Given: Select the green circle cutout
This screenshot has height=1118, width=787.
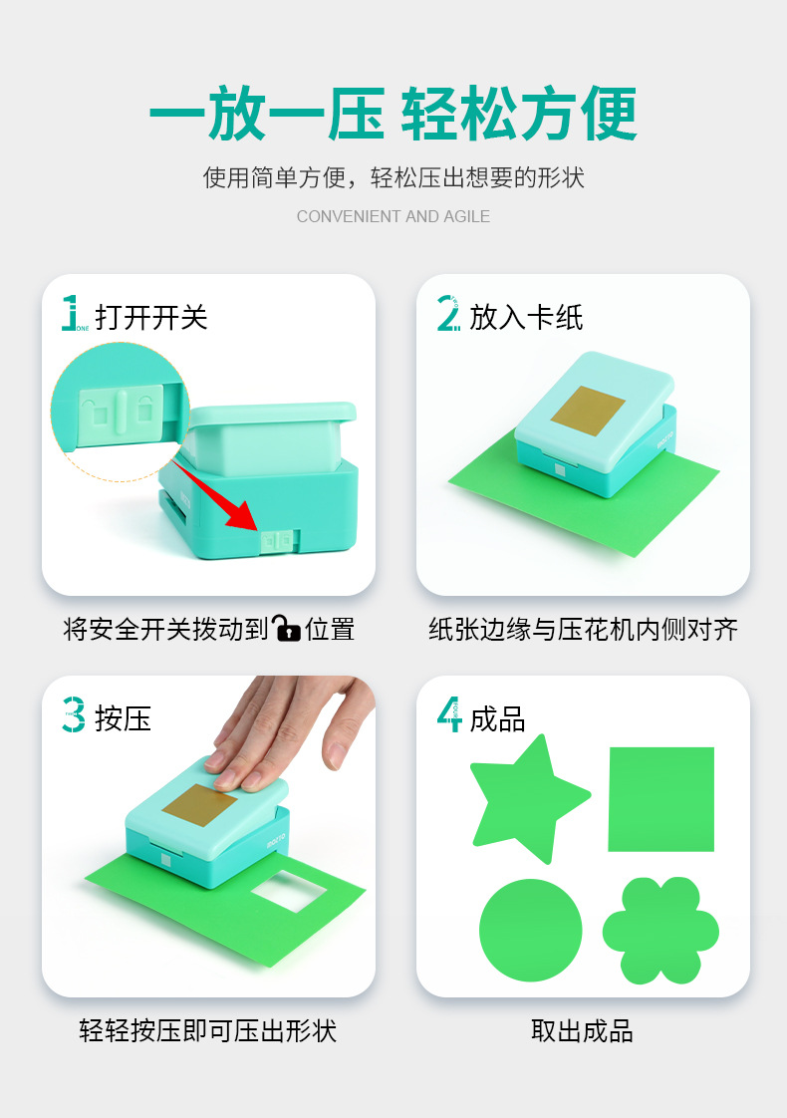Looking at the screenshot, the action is point(530,930).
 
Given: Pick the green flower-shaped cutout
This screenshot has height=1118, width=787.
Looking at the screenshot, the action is point(660,931).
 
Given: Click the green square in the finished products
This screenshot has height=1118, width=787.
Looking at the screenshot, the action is point(660,799).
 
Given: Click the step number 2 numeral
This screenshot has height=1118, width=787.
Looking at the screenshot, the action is point(447,313).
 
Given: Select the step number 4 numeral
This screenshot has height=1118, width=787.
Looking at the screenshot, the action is point(449,714).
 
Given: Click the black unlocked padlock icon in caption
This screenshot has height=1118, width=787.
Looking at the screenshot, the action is point(287,628).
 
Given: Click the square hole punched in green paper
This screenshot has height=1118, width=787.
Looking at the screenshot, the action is point(289,891).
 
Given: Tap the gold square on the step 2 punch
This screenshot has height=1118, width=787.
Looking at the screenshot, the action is point(588,410).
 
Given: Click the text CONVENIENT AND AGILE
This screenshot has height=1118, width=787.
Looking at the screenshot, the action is point(393,216).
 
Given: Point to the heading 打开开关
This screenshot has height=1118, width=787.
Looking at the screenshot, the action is point(151,317).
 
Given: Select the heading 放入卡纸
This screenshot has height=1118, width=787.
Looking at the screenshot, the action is point(526,317).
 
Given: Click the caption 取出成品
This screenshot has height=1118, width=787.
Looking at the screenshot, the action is point(583,1031).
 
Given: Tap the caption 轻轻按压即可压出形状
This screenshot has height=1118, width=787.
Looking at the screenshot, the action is point(207,1031).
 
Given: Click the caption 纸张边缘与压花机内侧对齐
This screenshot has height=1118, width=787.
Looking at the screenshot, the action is point(583,630).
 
